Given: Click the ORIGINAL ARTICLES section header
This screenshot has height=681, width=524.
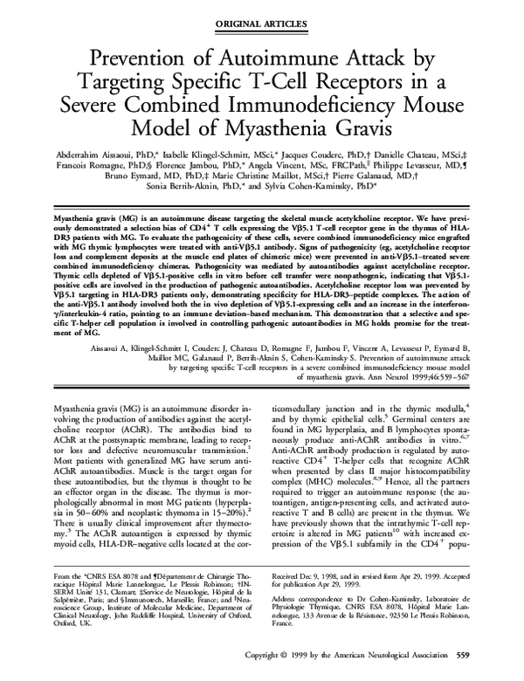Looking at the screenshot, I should pos(261,17).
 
